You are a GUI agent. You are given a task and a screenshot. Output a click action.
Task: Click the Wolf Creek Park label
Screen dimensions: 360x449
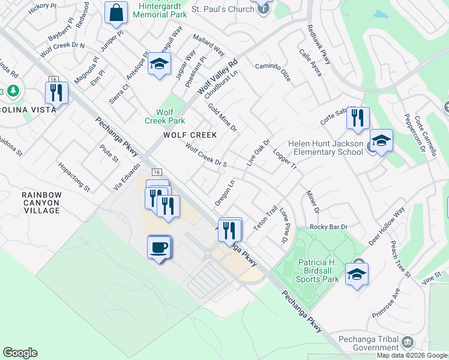click(x=170, y=116)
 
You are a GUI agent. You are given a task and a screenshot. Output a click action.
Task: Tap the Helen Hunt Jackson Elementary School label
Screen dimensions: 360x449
click(x=325, y=148)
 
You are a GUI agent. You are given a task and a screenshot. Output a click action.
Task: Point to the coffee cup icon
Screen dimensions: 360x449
click(x=159, y=247)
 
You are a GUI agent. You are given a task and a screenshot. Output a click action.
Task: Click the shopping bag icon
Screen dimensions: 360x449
click(x=116, y=13)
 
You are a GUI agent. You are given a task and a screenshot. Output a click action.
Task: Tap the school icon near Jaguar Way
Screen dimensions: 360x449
click(x=159, y=65)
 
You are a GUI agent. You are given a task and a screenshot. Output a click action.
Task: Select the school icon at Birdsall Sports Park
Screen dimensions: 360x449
click(x=357, y=274)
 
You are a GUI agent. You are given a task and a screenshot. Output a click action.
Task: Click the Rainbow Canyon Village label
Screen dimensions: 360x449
click(x=41, y=203)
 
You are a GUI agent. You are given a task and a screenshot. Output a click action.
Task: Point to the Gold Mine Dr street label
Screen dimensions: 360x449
click(x=223, y=117)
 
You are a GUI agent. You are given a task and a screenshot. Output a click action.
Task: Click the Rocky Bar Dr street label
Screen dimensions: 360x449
click(x=328, y=227)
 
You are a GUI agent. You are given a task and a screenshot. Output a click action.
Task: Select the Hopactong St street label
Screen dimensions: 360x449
click(x=74, y=177)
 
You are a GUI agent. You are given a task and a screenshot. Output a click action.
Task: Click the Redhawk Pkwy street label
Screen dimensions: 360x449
click(x=319, y=44)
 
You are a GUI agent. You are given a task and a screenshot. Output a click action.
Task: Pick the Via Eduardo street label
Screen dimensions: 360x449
click(x=127, y=177)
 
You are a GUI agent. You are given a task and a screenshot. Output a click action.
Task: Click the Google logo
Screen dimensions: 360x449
click(x=20, y=353)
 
